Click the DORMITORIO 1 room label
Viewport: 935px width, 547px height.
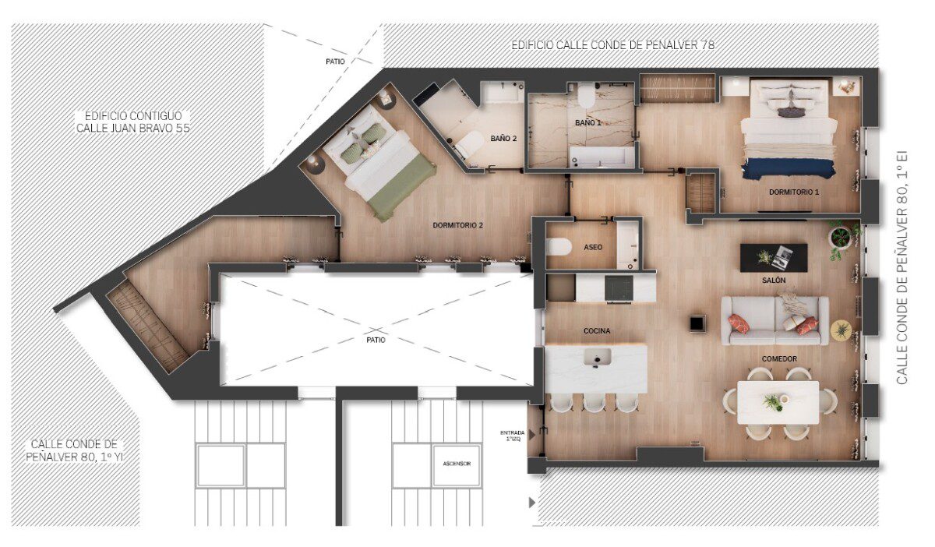point(794,192)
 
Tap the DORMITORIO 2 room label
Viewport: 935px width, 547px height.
point(457,225)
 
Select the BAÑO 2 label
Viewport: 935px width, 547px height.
point(503,138)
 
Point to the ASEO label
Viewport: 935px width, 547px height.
point(593,247)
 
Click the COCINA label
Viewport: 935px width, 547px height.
point(597,330)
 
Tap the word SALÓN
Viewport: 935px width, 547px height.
point(774,281)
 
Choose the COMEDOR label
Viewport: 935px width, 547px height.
point(779,358)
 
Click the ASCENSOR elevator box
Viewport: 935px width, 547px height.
point(457,464)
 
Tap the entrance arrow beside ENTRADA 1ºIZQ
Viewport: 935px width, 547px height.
point(531,435)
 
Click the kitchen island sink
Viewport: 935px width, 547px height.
point(598,358)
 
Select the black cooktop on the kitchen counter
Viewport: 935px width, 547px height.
point(619,288)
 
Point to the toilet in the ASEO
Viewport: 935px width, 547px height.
point(558,247)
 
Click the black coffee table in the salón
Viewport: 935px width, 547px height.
point(774,258)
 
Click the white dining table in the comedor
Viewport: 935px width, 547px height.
point(778,403)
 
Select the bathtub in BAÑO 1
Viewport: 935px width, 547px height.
point(602,157)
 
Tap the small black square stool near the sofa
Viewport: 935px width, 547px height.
point(697,323)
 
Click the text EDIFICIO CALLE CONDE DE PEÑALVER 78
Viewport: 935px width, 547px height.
point(612,45)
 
